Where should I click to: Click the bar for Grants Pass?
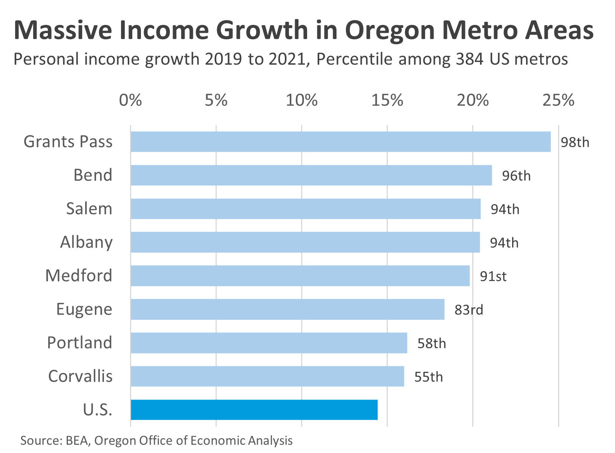tap(340, 142)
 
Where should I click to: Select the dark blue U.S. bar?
tap(254, 410)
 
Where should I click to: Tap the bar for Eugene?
tap(287, 309)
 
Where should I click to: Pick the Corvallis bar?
tap(267, 376)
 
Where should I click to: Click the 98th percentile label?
tap(575, 143)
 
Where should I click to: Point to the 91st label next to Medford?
tap(493, 276)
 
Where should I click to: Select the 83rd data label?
tap(468, 310)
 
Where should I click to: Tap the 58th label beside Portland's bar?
tap(431, 344)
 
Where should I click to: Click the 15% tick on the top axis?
tap(387, 100)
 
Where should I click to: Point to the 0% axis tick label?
tap(130, 100)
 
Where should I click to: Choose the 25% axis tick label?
tap(558, 100)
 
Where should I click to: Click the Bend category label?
tap(93, 175)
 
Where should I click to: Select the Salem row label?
tap(89, 209)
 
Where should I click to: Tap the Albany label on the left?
tap(86, 243)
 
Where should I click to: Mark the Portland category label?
tap(80, 343)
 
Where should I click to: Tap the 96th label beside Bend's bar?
tap(516, 176)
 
